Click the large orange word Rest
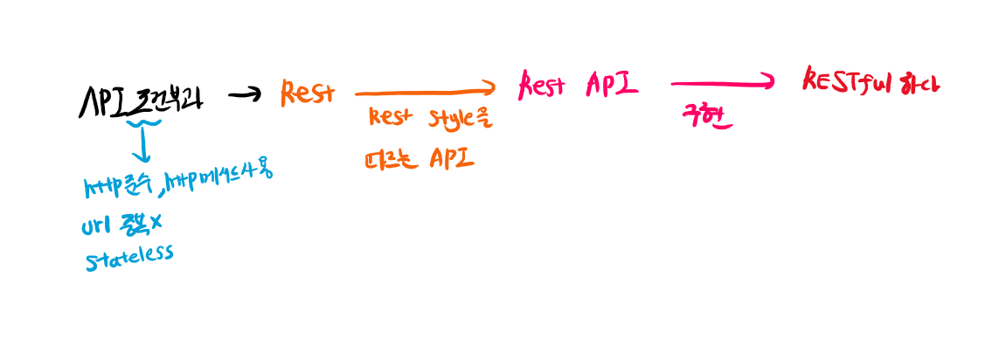coord(307,92)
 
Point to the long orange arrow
coord(425,89)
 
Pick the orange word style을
coord(459,120)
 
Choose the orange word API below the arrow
coord(451,158)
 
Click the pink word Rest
coord(545,85)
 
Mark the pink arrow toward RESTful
coord(722,83)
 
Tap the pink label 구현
coord(707,116)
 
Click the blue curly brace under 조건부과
coord(142,128)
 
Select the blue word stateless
coord(129,256)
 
